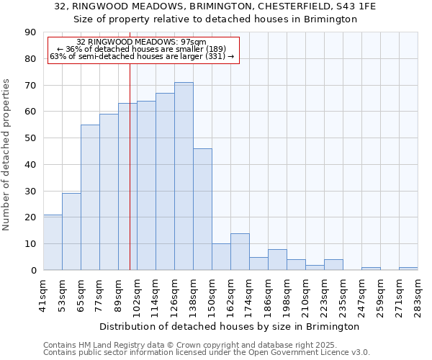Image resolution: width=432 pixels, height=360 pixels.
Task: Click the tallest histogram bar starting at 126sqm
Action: [184, 176]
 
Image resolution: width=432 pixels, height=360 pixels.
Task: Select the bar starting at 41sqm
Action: [53, 243]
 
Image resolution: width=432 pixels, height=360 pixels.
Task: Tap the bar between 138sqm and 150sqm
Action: [202, 209]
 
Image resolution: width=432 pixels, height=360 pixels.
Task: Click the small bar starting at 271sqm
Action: [408, 269]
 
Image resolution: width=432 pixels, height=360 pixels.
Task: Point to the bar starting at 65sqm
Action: [90, 197]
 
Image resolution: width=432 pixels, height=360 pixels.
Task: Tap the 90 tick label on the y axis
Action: [30, 32]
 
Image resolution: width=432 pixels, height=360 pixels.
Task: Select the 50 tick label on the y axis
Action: [30, 138]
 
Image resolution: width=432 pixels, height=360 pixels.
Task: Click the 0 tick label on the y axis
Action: [33, 271]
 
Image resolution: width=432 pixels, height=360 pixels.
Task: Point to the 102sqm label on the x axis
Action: [137, 294]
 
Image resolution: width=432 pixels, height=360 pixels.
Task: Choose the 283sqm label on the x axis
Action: [418, 294]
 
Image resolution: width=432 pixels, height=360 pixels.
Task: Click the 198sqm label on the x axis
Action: [287, 294]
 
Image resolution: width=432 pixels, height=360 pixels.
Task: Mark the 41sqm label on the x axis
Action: [43, 294]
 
